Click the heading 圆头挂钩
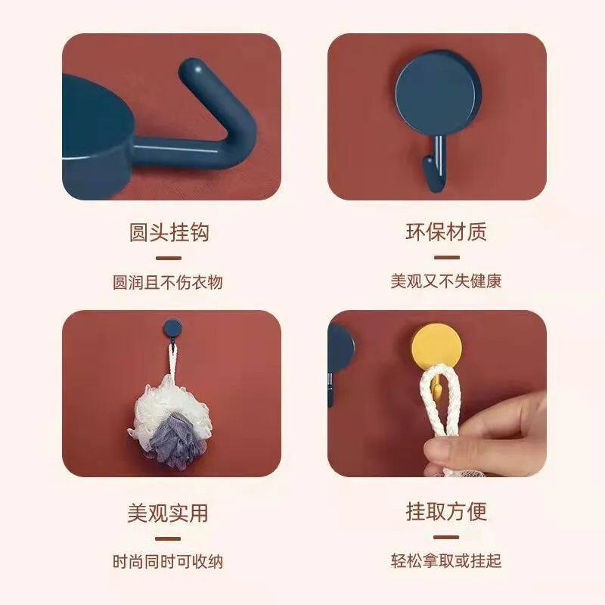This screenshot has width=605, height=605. point(169,232)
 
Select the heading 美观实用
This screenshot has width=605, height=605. point(169,513)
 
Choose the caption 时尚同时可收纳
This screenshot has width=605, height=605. point(169,562)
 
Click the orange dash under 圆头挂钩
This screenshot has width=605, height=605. point(169,259)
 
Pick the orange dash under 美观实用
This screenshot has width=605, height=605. point(169,538)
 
